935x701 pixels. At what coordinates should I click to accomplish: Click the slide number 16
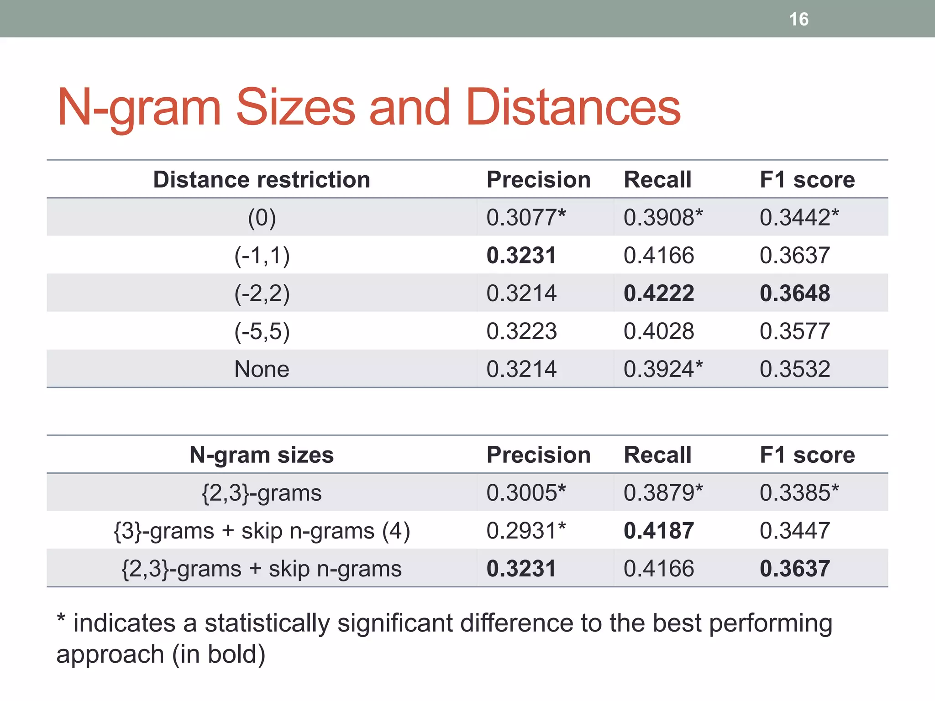coord(798,20)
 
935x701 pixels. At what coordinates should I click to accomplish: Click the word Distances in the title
coord(573,107)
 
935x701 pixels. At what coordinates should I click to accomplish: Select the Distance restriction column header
coord(262,179)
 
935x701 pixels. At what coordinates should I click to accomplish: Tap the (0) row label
coord(262,218)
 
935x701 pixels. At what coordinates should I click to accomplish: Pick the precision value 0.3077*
coord(526,217)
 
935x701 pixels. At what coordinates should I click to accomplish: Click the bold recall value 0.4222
coord(659,293)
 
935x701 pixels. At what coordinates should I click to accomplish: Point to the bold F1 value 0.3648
coord(795,293)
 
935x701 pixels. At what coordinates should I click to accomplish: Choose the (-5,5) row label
coord(262,331)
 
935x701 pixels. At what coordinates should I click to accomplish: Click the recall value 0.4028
coord(659,331)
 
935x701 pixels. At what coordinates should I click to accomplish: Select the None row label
coord(262,369)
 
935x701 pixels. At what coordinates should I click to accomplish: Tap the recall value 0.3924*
coord(663,369)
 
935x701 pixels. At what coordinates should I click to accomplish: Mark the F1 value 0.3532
coord(795,369)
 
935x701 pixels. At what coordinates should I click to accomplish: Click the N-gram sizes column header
coord(262,455)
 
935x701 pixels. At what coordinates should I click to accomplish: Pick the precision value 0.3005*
coord(526,493)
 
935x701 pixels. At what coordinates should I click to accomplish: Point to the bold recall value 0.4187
coord(659,531)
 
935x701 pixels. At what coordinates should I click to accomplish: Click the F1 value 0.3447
coord(795,531)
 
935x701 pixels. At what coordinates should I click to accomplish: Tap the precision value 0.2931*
coord(526,531)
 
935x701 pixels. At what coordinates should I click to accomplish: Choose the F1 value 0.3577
coord(795,331)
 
